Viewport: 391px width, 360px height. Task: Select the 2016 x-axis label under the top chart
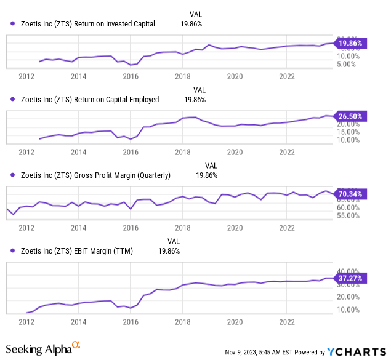(x=130, y=76)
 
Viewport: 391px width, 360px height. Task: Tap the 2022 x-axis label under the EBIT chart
(x=287, y=322)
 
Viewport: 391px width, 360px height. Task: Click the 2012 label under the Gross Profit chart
(x=26, y=227)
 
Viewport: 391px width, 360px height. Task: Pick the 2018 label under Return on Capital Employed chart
(x=182, y=151)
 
